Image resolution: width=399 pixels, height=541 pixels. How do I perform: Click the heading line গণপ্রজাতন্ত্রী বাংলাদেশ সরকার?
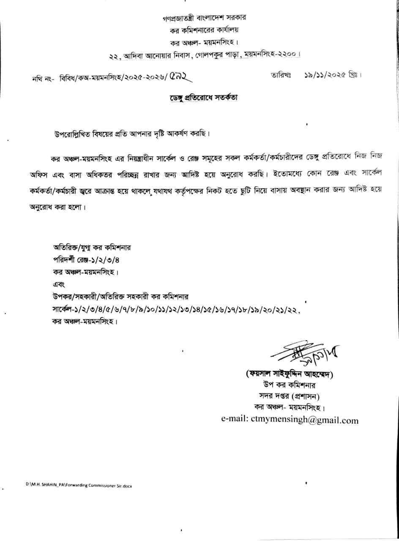[x=204, y=19]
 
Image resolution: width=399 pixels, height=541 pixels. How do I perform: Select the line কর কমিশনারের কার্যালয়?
[x=204, y=30]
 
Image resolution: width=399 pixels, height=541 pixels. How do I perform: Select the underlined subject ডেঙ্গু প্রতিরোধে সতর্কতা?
[x=204, y=98]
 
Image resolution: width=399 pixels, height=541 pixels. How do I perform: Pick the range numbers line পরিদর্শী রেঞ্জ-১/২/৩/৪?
[x=89, y=258]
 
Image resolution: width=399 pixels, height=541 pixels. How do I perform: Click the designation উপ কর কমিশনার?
[x=290, y=386]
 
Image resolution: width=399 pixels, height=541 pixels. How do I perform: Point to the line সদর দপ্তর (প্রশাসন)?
[x=290, y=397]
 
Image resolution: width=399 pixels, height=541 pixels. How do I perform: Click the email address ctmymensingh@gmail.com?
[x=290, y=420]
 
